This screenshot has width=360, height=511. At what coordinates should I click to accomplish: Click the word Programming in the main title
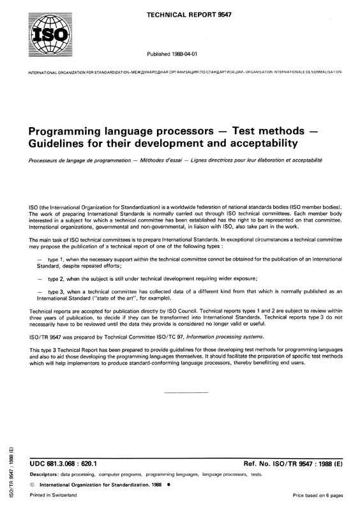click(x=68, y=126)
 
